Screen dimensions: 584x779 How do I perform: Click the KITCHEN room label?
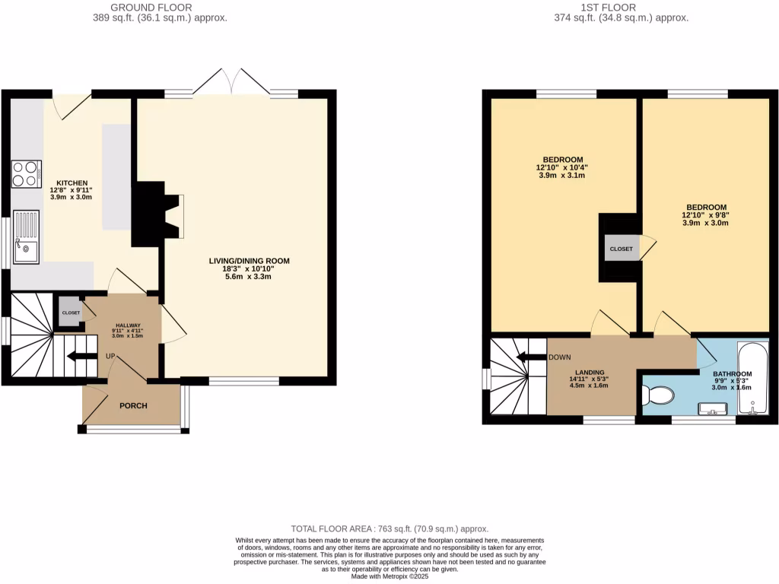[x=70, y=183]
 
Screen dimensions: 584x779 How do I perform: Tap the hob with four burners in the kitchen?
[x=27, y=173]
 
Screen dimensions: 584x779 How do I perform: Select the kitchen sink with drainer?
[x=26, y=235]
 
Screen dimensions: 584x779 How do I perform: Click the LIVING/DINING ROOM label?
[x=250, y=261]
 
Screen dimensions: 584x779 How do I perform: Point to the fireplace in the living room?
[x=155, y=214]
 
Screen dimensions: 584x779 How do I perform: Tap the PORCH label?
[x=133, y=405]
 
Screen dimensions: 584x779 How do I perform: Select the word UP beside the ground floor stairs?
[x=110, y=356]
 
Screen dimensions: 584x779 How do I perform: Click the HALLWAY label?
[x=122, y=325]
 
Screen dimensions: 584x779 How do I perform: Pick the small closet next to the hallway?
[x=71, y=313]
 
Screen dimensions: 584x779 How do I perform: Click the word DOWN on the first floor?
[x=560, y=357]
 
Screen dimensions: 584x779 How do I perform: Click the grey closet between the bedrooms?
[x=621, y=249]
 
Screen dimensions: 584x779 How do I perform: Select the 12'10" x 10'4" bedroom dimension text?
[x=562, y=167]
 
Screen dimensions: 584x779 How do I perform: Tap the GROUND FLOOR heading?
[x=151, y=8]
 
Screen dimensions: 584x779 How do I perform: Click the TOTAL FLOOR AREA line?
[x=389, y=528]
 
